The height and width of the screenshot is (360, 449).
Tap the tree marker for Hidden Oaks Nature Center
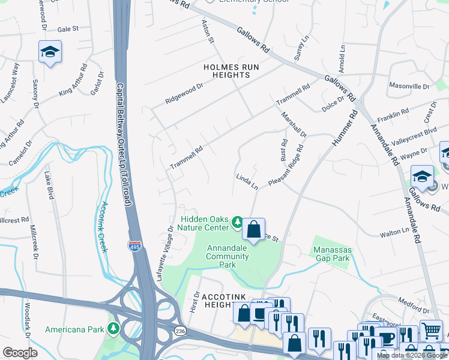pyautogui.click(x=238, y=223)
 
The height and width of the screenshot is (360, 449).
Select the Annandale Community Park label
pyautogui.click(x=228, y=256)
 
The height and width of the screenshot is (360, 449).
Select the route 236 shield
pyautogui.click(x=179, y=331)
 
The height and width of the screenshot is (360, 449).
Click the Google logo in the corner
pyautogui.click(x=20, y=353)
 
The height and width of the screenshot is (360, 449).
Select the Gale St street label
pyautogui.click(x=68, y=28)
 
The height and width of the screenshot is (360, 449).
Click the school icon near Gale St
pyautogui.click(x=50, y=52)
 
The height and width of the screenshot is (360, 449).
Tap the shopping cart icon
pyautogui.click(x=430, y=330)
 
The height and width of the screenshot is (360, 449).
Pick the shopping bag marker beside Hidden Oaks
pyautogui.click(x=254, y=229)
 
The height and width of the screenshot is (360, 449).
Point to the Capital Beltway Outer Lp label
pyautogui.click(x=124, y=144)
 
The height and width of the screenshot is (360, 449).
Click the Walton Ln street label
pyautogui.click(x=398, y=230)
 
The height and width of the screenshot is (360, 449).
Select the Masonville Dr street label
pyautogui.click(x=409, y=86)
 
